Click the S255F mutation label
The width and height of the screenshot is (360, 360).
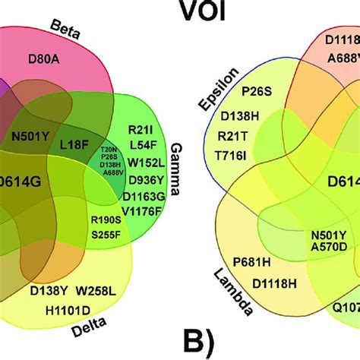click(106, 235)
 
